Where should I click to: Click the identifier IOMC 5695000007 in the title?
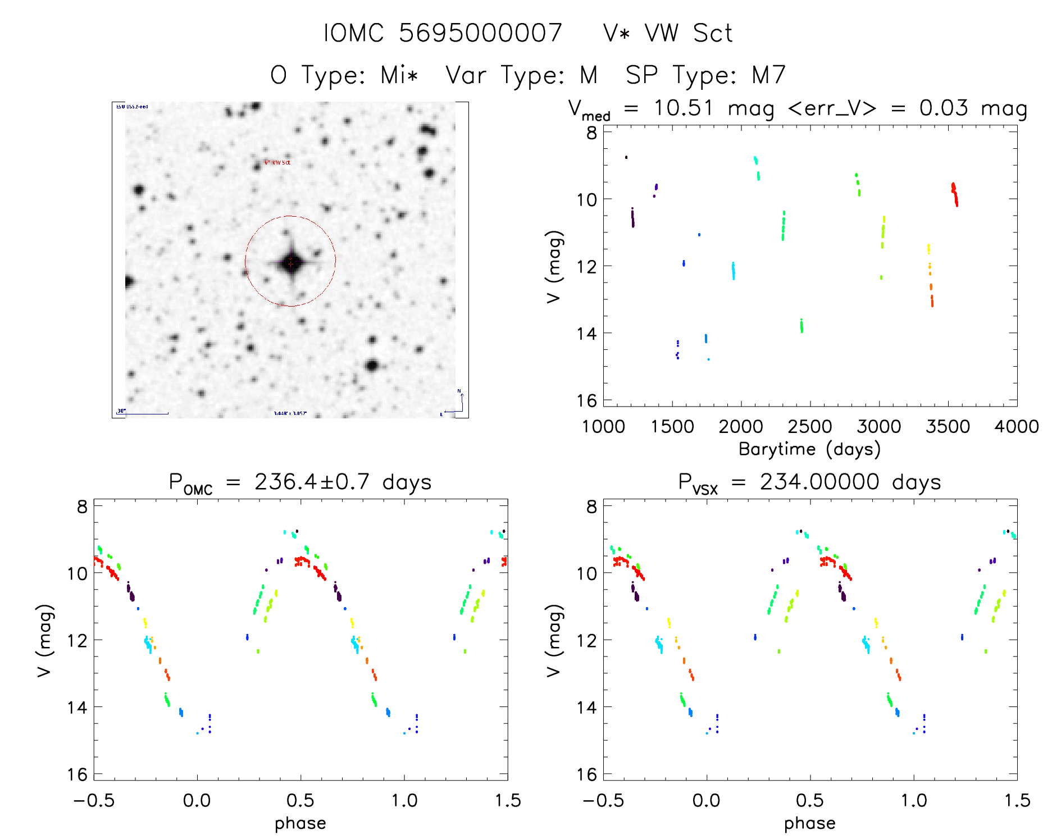tap(443, 33)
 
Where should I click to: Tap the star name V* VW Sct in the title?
tap(667, 33)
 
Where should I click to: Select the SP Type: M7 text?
tap(705, 75)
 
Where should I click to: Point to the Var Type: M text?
tap(521, 75)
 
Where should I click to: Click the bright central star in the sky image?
tap(291, 263)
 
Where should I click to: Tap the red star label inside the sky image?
tap(277, 162)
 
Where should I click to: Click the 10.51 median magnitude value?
tap(683, 108)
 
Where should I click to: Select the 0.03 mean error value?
tap(944, 108)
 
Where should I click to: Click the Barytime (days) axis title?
tap(809, 449)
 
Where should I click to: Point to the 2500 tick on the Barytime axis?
tap(809, 427)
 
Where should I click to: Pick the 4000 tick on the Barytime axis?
tap(1016, 427)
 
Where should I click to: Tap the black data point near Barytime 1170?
tap(626, 157)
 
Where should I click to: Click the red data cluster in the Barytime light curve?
tap(954, 194)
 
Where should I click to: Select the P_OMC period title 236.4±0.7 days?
tap(300, 482)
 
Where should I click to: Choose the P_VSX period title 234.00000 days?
tap(809, 482)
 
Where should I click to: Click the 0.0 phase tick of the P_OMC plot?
tap(197, 800)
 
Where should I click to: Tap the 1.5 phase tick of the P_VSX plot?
tap(1017, 800)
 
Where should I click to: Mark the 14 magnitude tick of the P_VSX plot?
tap(588, 707)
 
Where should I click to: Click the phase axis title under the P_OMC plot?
tap(300, 823)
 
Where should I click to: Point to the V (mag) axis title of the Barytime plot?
tap(554, 267)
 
